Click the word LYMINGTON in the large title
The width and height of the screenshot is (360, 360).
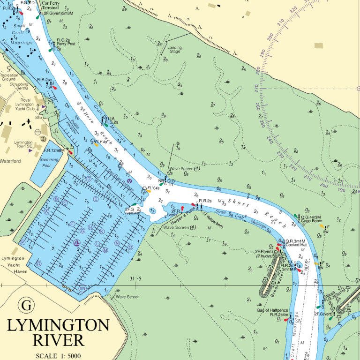tap(59, 325)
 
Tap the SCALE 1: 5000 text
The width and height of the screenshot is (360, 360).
tap(59, 355)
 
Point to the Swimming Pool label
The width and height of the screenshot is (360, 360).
tap(46, 162)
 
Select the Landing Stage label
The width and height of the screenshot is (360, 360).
tap(174, 49)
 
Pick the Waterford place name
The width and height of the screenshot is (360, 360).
tap(10, 161)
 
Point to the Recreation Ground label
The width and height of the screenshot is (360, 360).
tap(9, 77)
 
